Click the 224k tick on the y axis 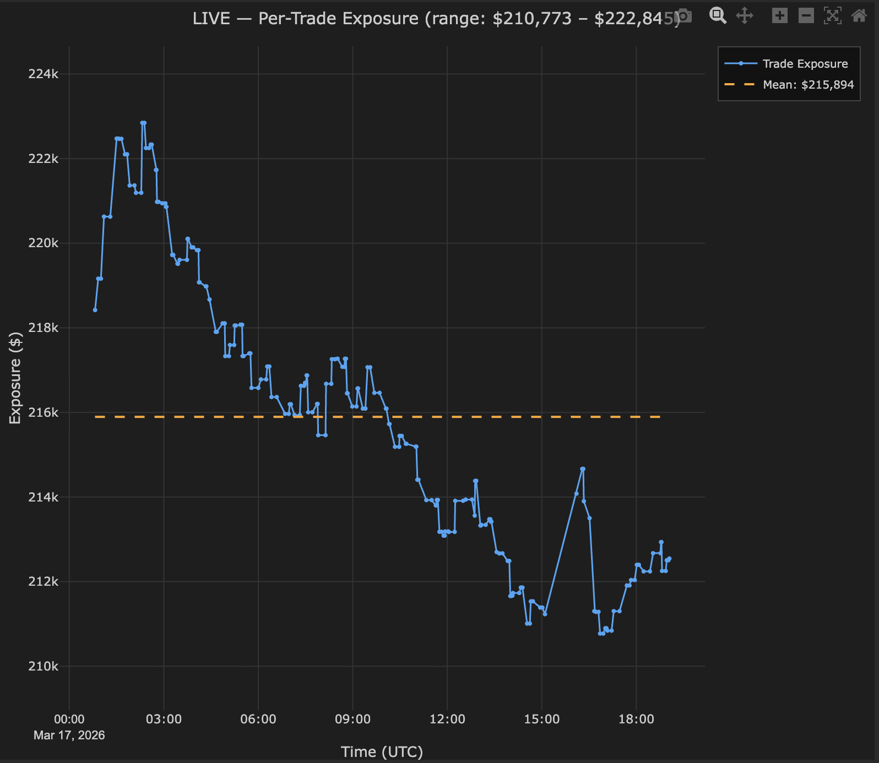(43, 74)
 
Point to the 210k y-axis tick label (43, 667)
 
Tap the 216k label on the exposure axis (43, 413)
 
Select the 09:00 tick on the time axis (352, 719)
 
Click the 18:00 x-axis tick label (636, 719)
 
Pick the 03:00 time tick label (164, 719)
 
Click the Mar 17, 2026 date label (69, 735)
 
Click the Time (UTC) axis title (382, 752)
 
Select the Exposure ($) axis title (15, 378)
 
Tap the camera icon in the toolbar (683, 16)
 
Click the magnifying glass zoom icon (718, 15)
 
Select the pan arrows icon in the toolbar (745, 15)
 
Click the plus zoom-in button (779, 15)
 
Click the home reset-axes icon (859, 15)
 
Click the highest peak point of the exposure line (143, 123)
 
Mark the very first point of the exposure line (95, 310)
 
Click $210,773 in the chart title (532, 19)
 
